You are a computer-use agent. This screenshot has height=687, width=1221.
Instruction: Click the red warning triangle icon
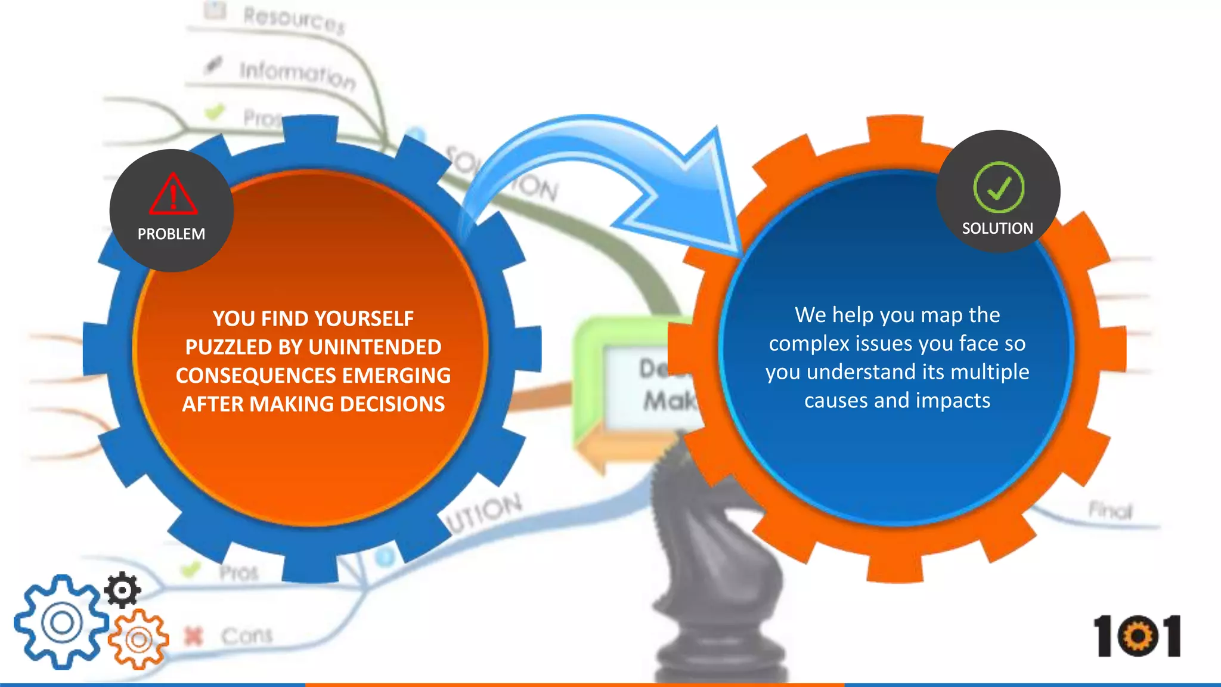coord(173,195)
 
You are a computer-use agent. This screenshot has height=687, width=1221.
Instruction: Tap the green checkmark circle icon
coord(999,187)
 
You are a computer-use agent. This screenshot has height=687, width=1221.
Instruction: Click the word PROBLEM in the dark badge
coord(171,234)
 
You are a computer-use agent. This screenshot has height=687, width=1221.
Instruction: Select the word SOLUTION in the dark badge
coord(997,228)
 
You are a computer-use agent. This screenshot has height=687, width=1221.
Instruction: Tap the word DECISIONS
coord(392,404)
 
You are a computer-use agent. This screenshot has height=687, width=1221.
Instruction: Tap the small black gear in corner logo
coord(122,590)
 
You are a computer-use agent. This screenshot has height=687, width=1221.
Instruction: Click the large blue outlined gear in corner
coord(61,622)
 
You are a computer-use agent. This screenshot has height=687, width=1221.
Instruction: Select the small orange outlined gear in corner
coord(139,640)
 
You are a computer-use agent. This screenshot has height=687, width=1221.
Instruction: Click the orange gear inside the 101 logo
coord(1138,636)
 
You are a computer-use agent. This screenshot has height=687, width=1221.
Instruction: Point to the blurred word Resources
coord(293,20)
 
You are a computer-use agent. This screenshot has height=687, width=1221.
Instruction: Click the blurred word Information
coord(297,75)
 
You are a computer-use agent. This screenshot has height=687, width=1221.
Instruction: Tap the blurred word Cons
coord(247,636)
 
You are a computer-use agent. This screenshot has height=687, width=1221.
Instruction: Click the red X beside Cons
coord(193,636)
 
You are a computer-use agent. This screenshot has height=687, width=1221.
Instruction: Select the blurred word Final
coord(1110,510)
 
